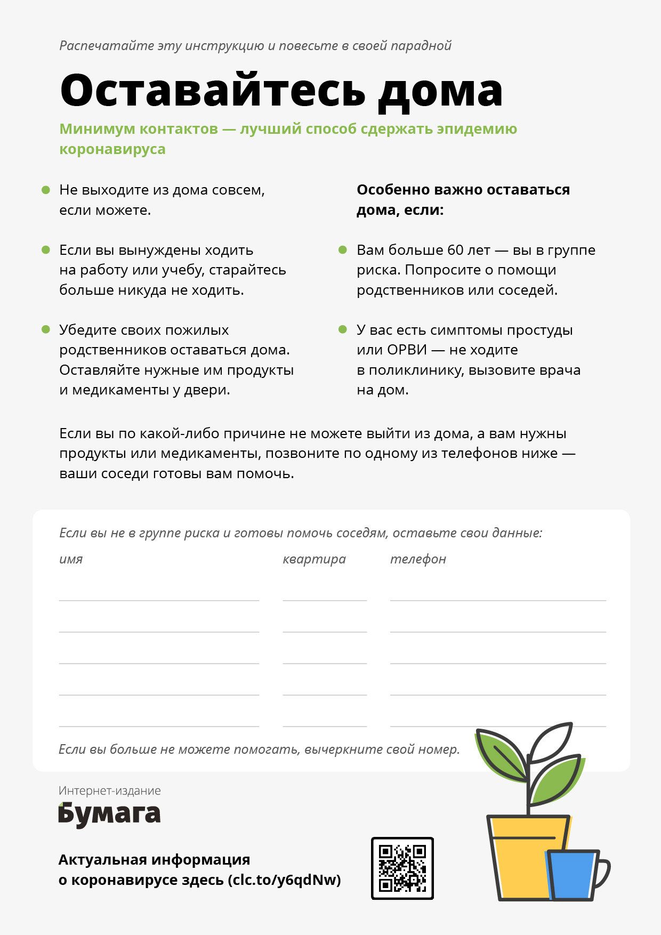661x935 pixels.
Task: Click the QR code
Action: (x=402, y=868)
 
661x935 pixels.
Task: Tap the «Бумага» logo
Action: (x=109, y=815)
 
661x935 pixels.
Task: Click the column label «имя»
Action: (x=71, y=559)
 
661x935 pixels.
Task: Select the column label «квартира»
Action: (x=314, y=559)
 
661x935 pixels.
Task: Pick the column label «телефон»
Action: (x=418, y=559)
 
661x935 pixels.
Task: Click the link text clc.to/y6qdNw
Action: (x=284, y=880)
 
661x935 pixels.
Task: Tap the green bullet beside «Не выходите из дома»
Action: (x=46, y=190)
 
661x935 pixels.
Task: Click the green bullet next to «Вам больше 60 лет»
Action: (x=343, y=250)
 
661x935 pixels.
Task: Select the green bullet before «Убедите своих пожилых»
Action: (x=46, y=329)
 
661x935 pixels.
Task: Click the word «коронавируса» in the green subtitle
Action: (x=112, y=149)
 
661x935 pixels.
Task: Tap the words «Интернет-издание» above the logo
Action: (x=109, y=791)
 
